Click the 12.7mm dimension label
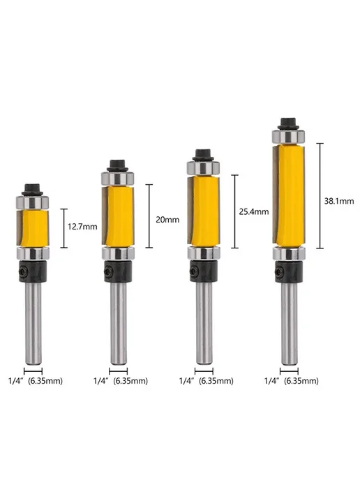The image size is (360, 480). click(82, 227)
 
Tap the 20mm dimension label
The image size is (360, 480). click(167, 220)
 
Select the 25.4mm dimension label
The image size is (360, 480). click(254, 211)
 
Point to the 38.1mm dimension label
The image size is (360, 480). click(339, 201)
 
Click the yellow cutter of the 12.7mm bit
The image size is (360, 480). click(33, 228)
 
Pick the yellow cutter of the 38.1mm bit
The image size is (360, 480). click(289, 195)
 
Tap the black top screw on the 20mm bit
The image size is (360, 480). click(117, 165)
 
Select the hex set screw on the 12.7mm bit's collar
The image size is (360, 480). click(22, 271)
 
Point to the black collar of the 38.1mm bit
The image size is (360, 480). click(289, 271)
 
